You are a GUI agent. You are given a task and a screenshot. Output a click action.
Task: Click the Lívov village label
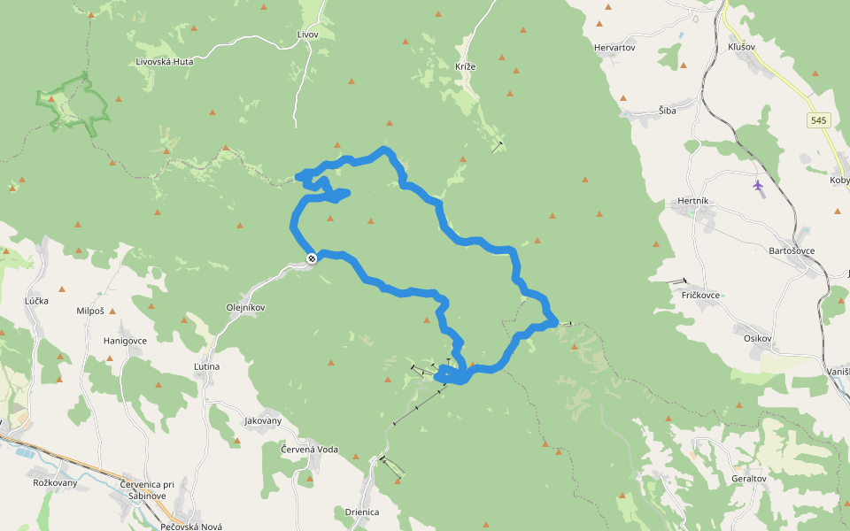[307, 34]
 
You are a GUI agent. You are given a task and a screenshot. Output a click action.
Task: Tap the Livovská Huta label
[165, 62]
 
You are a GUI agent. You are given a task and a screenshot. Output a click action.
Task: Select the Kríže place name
[466, 67]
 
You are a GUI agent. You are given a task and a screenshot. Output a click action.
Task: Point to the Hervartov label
[615, 48]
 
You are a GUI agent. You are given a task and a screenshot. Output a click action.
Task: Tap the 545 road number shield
[819, 120]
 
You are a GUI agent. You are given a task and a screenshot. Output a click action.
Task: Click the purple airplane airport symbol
[758, 185]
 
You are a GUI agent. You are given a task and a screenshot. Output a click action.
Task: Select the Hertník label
[692, 201]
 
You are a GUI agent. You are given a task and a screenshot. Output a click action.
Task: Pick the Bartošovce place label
[792, 250]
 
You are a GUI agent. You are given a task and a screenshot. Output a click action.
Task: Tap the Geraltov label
[749, 478]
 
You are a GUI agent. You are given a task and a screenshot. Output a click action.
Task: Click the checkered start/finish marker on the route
[312, 258]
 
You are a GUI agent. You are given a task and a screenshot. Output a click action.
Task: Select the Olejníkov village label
[246, 308]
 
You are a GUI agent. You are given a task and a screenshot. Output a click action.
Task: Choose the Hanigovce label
[126, 340]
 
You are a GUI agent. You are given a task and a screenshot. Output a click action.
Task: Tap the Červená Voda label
[309, 450]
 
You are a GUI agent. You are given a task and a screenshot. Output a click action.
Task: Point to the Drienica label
[362, 512]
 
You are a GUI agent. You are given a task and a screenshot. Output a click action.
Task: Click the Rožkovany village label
[55, 482]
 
